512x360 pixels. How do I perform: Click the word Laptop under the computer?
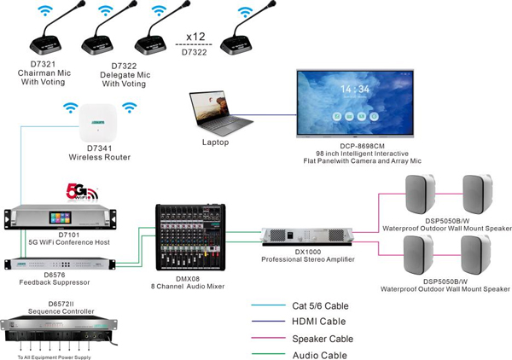pyautogui.click(x=216, y=142)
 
